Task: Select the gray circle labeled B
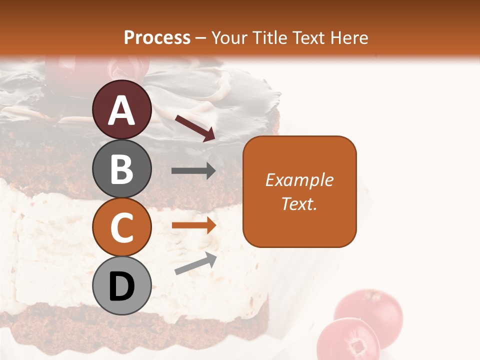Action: [122, 169]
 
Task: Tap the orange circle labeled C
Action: [122, 227]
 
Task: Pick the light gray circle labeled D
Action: [122, 286]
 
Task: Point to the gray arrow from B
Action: [193, 171]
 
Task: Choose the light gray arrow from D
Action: [195, 263]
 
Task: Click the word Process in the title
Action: [157, 37]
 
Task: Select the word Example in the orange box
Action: [299, 180]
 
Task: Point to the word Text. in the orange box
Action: [299, 203]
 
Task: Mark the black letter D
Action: [122, 287]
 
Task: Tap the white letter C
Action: [122, 228]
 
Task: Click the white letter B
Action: [122, 169]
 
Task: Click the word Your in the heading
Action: [229, 37]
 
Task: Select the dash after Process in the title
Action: [201, 38]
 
